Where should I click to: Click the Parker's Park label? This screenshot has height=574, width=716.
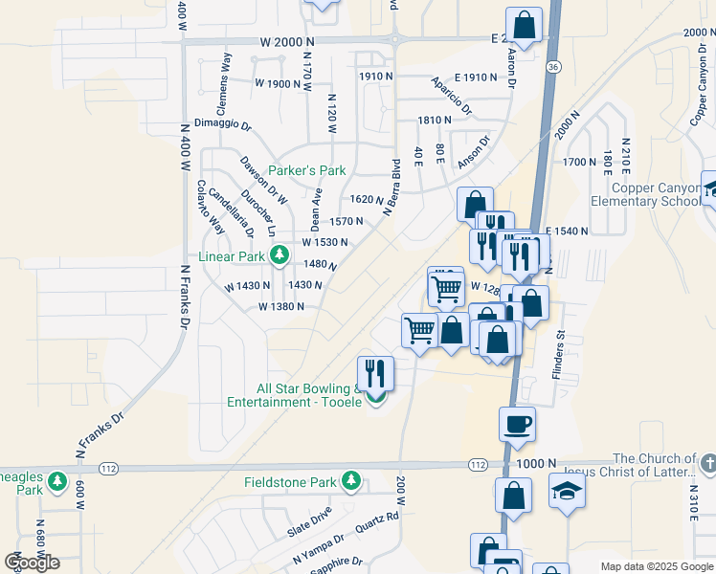(x=306, y=170)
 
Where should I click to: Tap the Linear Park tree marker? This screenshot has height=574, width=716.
(x=279, y=255)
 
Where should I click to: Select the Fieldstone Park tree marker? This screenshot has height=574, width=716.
(x=351, y=479)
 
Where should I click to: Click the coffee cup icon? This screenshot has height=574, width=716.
(x=517, y=423)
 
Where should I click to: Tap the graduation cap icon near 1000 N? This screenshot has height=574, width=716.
(x=567, y=491)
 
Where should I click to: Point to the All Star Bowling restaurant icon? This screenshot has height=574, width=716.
(x=375, y=372)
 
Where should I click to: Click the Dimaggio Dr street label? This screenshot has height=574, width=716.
(x=222, y=124)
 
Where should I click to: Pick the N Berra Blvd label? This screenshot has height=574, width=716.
(x=391, y=186)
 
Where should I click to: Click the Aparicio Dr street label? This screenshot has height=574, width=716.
(x=451, y=96)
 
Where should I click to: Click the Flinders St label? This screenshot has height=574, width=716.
(x=561, y=355)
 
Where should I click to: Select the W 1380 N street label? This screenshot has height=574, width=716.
(x=280, y=307)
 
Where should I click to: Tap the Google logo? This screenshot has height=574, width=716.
(x=32, y=563)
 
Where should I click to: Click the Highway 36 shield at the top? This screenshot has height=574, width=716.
(x=553, y=67)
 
